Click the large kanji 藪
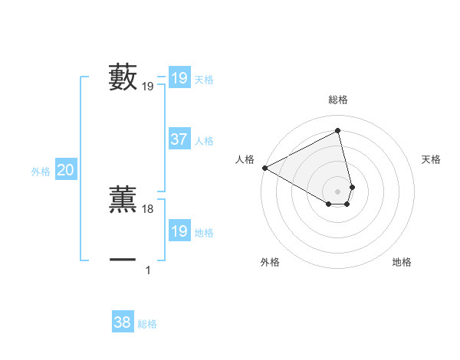pyautogui.click(x=123, y=77)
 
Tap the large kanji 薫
pyautogui.click(x=123, y=198)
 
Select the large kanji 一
pyautogui.click(x=123, y=260)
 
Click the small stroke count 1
pyautogui.click(x=148, y=270)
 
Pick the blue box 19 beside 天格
pyautogui.click(x=179, y=78)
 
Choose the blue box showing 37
pyautogui.click(x=179, y=139)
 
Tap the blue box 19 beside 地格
pyautogui.click(x=179, y=231)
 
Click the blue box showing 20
pyautogui.click(x=65, y=170)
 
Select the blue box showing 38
pyautogui.click(x=122, y=322)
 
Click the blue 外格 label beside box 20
pyautogui.click(x=41, y=172)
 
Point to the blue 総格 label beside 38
pyautogui.click(x=147, y=324)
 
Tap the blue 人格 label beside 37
pyautogui.click(x=205, y=141)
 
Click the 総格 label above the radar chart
pyautogui.click(x=338, y=100)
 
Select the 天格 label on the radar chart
pyautogui.click(x=431, y=159)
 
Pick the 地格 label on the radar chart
pyautogui.click(x=402, y=262)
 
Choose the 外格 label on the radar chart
pyautogui.click(x=270, y=262)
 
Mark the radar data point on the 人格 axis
pyautogui.click(x=264, y=168)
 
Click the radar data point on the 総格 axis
pyautogui.click(x=338, y=131)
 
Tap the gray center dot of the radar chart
pyautogui.click(x=338, y=191)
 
